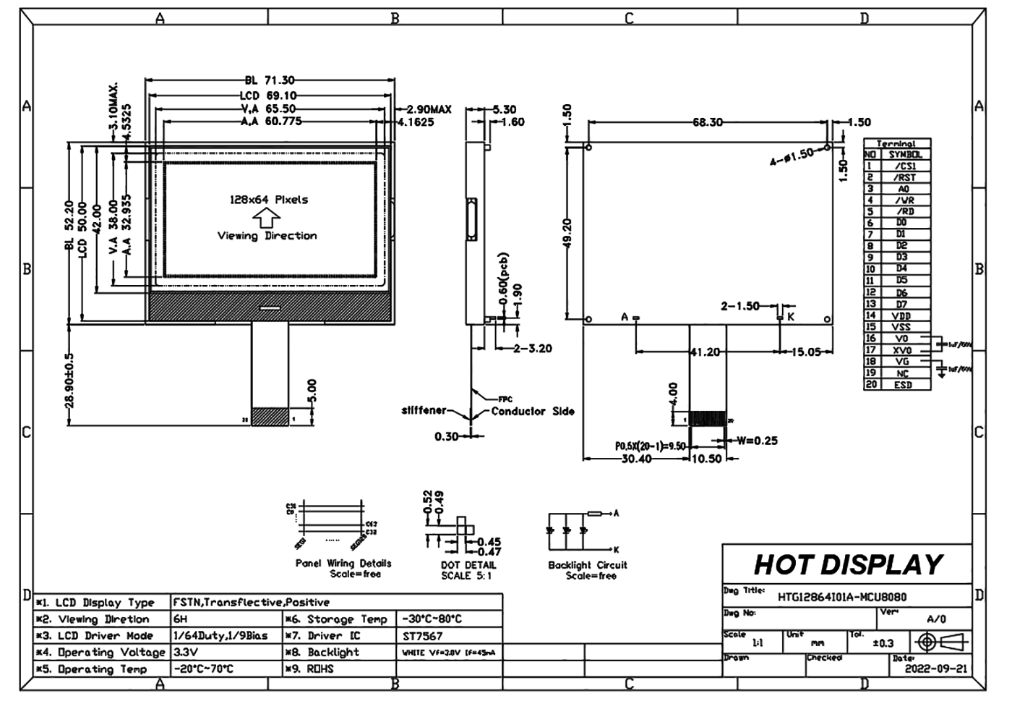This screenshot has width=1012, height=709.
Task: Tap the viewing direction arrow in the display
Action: (267, 218)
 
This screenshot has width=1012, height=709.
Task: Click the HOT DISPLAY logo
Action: (848, 564)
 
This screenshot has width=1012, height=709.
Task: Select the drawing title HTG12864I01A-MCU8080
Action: (841, 597)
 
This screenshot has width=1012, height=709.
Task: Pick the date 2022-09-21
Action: (935, 668)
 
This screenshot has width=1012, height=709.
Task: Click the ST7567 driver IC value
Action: (423, 636)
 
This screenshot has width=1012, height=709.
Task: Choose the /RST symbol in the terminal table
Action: (904, 177)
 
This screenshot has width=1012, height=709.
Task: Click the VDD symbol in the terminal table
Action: (902, 315)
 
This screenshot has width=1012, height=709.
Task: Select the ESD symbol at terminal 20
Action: (903, 385)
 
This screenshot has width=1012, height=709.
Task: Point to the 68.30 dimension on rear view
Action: (707, 122)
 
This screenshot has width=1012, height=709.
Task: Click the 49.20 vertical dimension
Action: (567, 234)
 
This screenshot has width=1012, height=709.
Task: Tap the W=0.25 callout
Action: (757, 441)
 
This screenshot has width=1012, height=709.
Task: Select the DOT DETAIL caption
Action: (468, 565)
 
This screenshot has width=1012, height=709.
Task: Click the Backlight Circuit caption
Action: (588, 565)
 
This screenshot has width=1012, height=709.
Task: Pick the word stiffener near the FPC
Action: (424, 410)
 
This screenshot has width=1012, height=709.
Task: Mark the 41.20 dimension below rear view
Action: (705, 352)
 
